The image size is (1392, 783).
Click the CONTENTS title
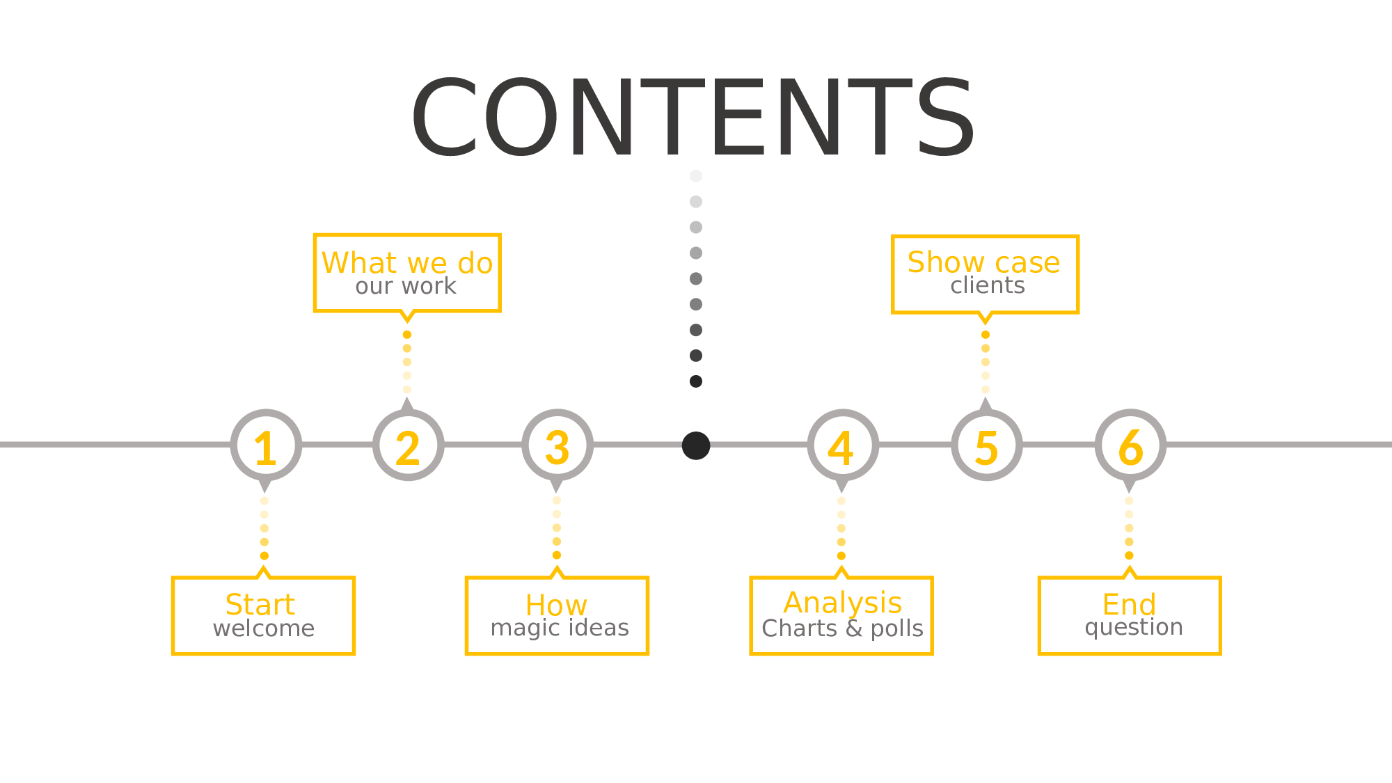693,118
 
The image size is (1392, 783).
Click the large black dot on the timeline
696,445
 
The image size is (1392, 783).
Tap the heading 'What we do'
407,263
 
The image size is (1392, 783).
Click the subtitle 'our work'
406,286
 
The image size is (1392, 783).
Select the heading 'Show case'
983,262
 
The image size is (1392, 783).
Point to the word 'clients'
988,285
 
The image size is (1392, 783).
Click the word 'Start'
260,605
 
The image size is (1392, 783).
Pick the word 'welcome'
264,628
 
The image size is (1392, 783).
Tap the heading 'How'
556,606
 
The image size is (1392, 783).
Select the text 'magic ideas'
560,628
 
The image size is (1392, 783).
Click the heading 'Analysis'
842,603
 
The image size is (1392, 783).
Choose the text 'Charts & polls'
842,628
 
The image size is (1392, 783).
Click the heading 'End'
1129,605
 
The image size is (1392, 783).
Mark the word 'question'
1134,628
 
